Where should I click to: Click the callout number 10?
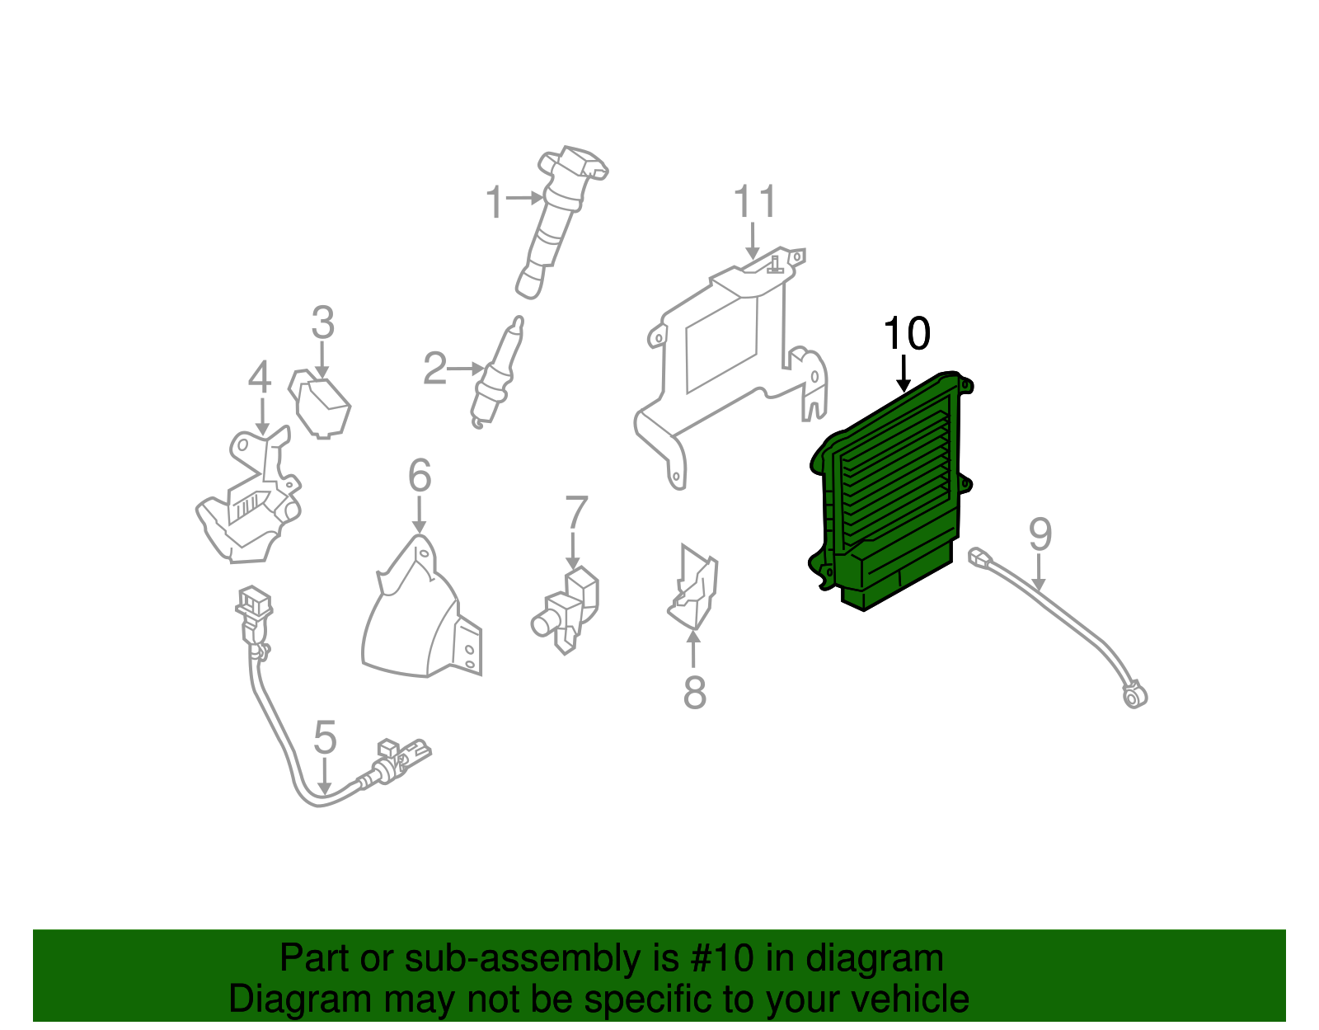click(906, 334)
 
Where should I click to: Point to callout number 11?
click(754, 202)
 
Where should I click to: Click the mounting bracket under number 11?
click(725, 355)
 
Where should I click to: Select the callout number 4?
click(260, 378)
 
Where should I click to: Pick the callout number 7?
click(576, 513)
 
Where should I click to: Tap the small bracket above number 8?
click(693, 590)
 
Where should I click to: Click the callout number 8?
click(694, 693)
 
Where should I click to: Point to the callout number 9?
click(1040, 535)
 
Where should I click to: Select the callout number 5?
click(325, 737)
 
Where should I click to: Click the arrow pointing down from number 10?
click(904, 373)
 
